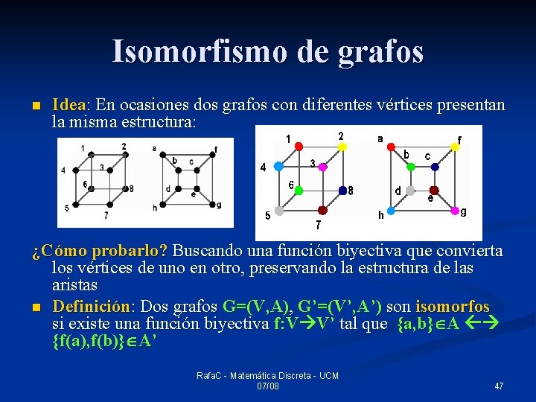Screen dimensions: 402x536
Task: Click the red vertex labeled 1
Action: (299, 147)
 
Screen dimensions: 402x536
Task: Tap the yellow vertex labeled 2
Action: (342, 147)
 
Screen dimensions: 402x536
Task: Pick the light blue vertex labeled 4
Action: (278, 167)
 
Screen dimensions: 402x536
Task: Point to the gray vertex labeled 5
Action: (278, 211)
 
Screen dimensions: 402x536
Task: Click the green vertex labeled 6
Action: (299, 190)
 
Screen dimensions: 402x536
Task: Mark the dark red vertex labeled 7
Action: (322, 211)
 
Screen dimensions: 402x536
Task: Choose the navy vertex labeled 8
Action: (342, 190)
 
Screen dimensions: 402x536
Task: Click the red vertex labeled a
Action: (392, 147)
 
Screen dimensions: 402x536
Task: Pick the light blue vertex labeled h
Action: (392, 211)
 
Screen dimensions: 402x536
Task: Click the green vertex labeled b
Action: (412, 167)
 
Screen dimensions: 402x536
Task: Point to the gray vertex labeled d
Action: (412, 190)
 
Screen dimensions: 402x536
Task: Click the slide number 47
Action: (499, 386)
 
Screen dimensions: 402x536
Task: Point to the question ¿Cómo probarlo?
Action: (100, 251)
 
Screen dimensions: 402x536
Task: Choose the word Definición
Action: (91, 307)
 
